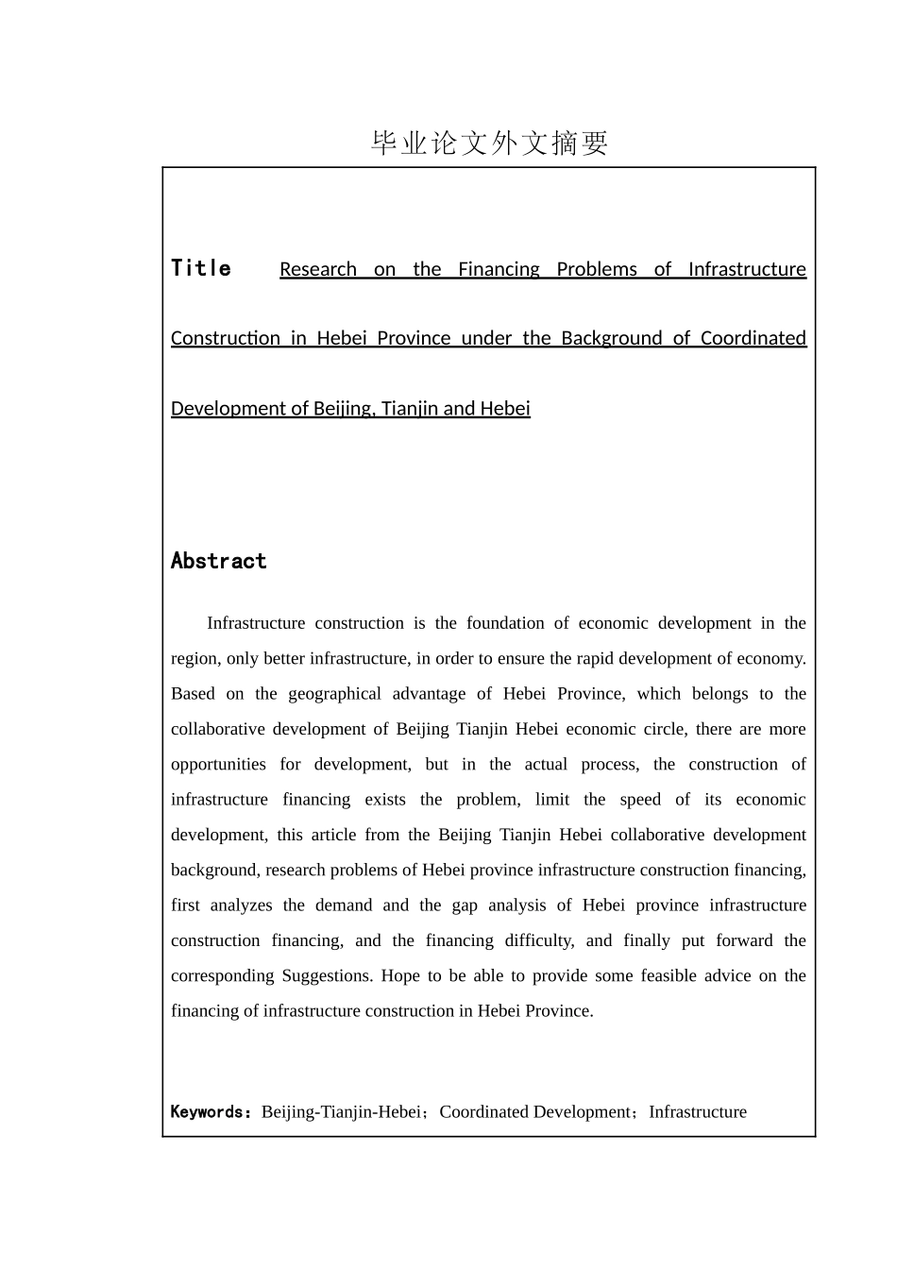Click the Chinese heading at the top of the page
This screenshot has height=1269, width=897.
click(x=489, y=144)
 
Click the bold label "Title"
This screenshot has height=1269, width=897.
click(x=201, y=269)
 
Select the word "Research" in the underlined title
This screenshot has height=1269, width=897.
click(x=318, y=270)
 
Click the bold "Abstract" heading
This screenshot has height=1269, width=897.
click(x=218, y=562)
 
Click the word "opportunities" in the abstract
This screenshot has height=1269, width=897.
click(x=218, y=765)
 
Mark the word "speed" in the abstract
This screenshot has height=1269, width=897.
click(x=640, y=800)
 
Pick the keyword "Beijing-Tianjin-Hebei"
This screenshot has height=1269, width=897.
click(x=341, y=1112)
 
